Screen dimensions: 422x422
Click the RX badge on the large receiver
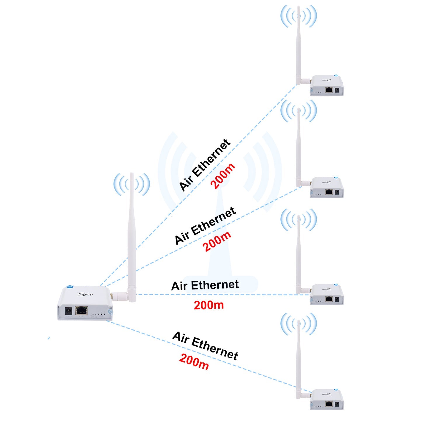(x=70, y=286)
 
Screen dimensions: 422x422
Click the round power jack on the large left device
(x=68, y=310)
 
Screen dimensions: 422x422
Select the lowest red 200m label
(x=194, y=362)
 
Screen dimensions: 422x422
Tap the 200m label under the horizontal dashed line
(x=209, y=305)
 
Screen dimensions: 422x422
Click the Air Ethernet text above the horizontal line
(x=205, y=285)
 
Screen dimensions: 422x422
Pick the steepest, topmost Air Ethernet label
(x=204, y=165)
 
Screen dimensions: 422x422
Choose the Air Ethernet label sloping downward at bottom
(x=205, y=345)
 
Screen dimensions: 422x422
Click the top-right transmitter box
(x=327, y=86)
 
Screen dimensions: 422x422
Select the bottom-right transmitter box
(x=327, y=400)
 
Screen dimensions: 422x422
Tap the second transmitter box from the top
(x=327, y=187)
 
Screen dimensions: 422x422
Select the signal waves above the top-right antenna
(x=298, y=16)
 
